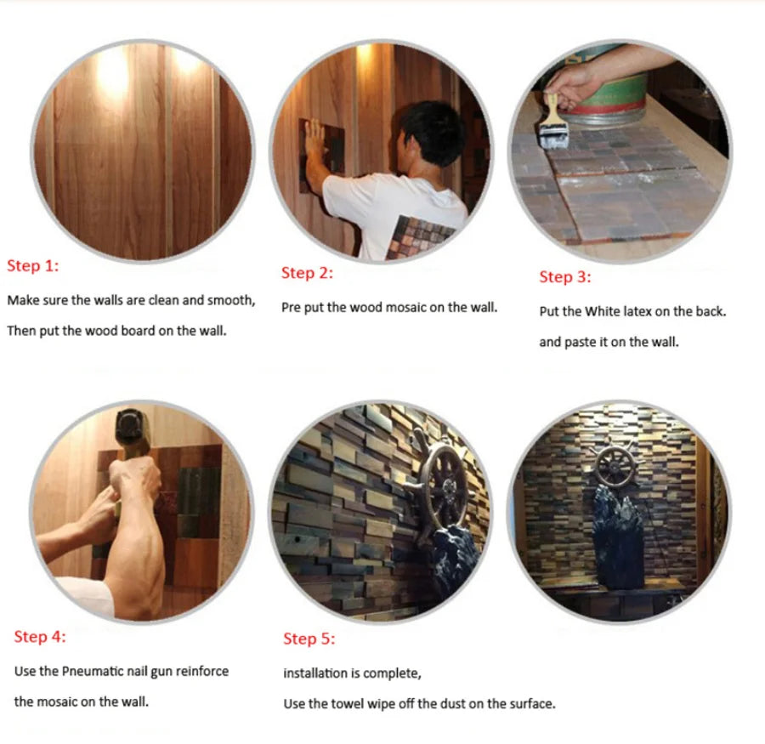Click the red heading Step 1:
click(x=32, y=265)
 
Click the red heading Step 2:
click(x=307, y=273)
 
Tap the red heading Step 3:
click(x=565, y=277)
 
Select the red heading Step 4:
click(x=40, y=637)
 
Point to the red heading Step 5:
click(x=309, y=639)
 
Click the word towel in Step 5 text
click(x=348, y=704)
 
